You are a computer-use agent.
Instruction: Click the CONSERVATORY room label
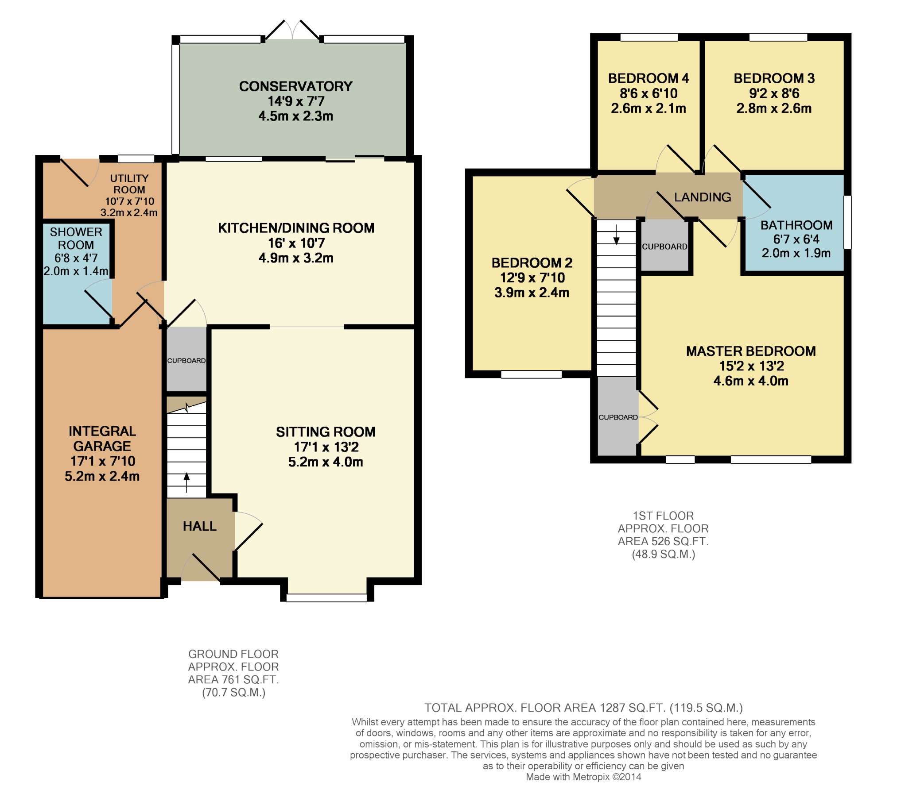tap(295, 86)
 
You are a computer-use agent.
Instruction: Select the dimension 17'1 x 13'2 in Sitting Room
tap(326, 447)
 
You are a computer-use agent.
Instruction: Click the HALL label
tap(199, 526)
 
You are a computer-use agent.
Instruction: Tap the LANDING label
tap(703, 197)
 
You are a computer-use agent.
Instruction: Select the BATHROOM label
tap(796, 225)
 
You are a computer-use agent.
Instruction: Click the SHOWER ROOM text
tap(76, 238)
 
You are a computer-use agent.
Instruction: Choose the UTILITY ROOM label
tap(129, 184)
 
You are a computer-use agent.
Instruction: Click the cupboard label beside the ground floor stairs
tap(186, 361)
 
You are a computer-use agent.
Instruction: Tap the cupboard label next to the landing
tap(664, 247)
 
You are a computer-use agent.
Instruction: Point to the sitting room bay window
tap(326, 598)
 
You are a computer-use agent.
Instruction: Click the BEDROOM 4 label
tap(648, 78)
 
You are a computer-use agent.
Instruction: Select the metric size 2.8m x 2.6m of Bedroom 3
tap(774, 108)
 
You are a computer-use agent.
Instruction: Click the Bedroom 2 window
tap(531, 374)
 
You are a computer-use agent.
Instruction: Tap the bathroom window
tap(847, 222)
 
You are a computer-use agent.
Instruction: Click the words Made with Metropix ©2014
tap(583, 777)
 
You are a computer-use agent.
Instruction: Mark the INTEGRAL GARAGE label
tap(102, 439)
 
